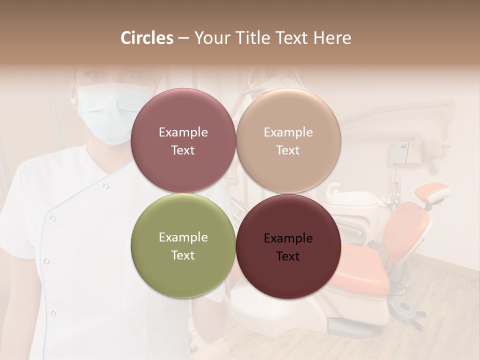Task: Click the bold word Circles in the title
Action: (x=147, y=38)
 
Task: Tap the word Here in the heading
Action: (x=332, y=38)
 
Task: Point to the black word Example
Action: (x=288, y=238)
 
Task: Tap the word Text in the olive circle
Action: (x=183, y=255)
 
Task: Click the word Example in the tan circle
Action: (x=288, y=132)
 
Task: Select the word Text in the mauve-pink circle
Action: (x=183, y=150)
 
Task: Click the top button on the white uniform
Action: (x=105, y=186)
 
